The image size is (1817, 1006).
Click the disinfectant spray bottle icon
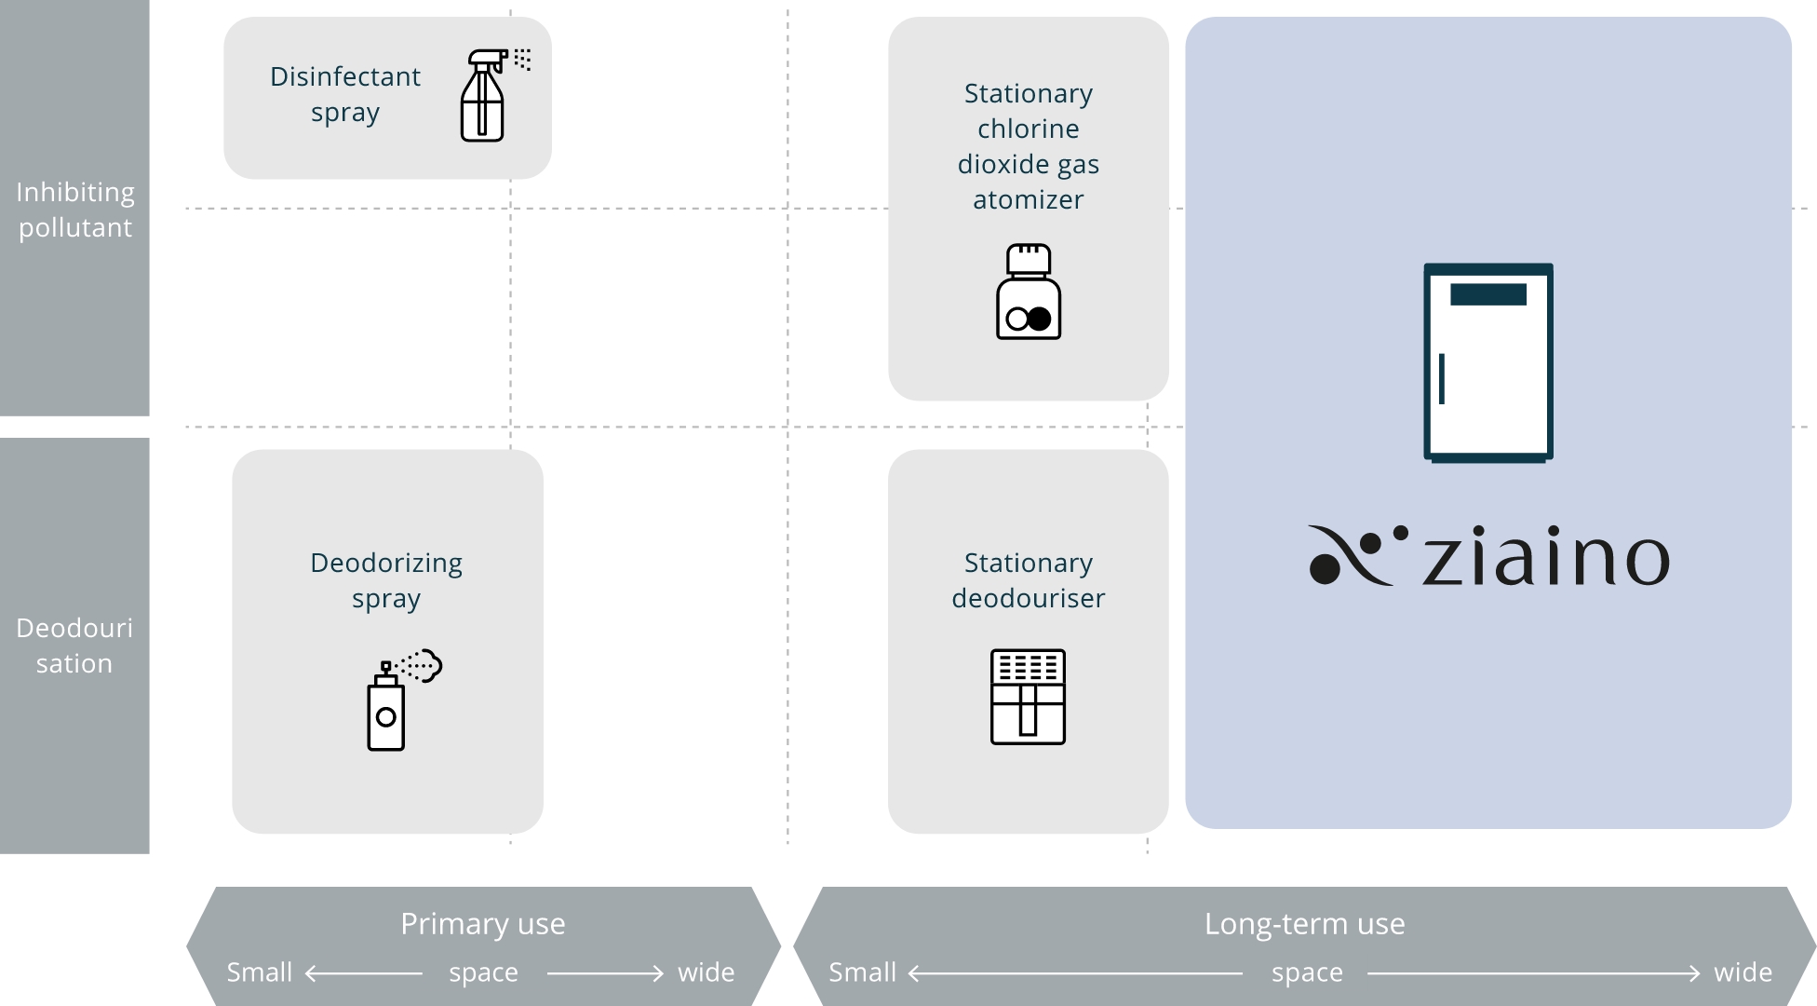click(x=483, y=96)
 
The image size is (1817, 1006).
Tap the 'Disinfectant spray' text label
click(x=345, y=94)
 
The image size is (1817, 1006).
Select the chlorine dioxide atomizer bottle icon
click(x=1029, y=292)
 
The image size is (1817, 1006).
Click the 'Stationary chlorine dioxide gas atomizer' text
click(x=1029, y=146)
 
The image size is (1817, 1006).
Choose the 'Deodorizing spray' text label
click(x=386, y=580)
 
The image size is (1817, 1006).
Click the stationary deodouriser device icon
click(x=1028, y=697)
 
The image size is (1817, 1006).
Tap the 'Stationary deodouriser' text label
click(x=1029, y=579)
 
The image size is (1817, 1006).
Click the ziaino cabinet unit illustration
click(x=1488, y=362)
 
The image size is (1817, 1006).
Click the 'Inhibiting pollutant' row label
click(x=75, y=210)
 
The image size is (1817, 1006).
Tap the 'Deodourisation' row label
click(x=74, y=646)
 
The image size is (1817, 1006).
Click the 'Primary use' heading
click(x=483, y=923)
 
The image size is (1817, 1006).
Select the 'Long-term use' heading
click(x=1305, y=923)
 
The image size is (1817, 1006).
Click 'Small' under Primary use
click(x=260, y=972)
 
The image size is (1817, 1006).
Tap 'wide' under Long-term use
click(x=1743, y=972)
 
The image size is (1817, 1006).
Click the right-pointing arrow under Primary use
click(x=605, y=973)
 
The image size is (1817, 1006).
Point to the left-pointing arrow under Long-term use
click(x=1075, y=973)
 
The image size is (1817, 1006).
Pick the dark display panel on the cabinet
click(x=1488, y=294)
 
